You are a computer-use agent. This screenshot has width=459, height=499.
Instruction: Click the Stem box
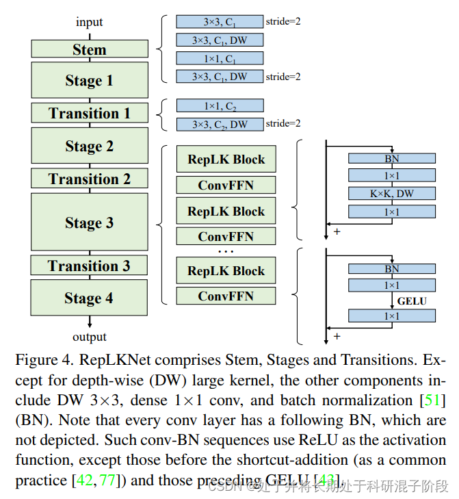[x=90, y=49]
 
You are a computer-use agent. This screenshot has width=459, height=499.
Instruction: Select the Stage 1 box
[x=90, y=80]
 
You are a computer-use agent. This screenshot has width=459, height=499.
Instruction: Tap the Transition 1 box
[x=90, y=113]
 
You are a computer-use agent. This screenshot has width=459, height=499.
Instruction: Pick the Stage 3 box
[x=90, y=222]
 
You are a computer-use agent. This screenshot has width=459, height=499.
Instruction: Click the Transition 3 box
[x=90, y=266]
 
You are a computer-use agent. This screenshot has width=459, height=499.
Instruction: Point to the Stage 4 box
[x=90, y=298]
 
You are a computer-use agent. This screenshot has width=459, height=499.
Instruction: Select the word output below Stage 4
[x=90, y=337]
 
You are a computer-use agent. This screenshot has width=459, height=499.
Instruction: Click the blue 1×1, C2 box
[x=220, y=106]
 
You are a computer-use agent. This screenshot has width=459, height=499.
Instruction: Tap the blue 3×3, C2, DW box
[x=220, y=124]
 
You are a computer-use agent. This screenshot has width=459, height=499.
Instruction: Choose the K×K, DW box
[x=391, y=194]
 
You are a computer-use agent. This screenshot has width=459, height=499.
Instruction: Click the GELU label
[x=413, y=300]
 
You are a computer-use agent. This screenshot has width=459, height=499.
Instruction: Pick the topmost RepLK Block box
[x=226, y=159]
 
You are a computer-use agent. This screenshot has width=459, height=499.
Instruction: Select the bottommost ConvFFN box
[x=226, y=296]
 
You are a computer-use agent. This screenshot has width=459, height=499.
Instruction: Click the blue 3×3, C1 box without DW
[x=220, y=22]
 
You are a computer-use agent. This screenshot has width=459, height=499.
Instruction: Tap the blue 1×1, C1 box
[x=220, y=58]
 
